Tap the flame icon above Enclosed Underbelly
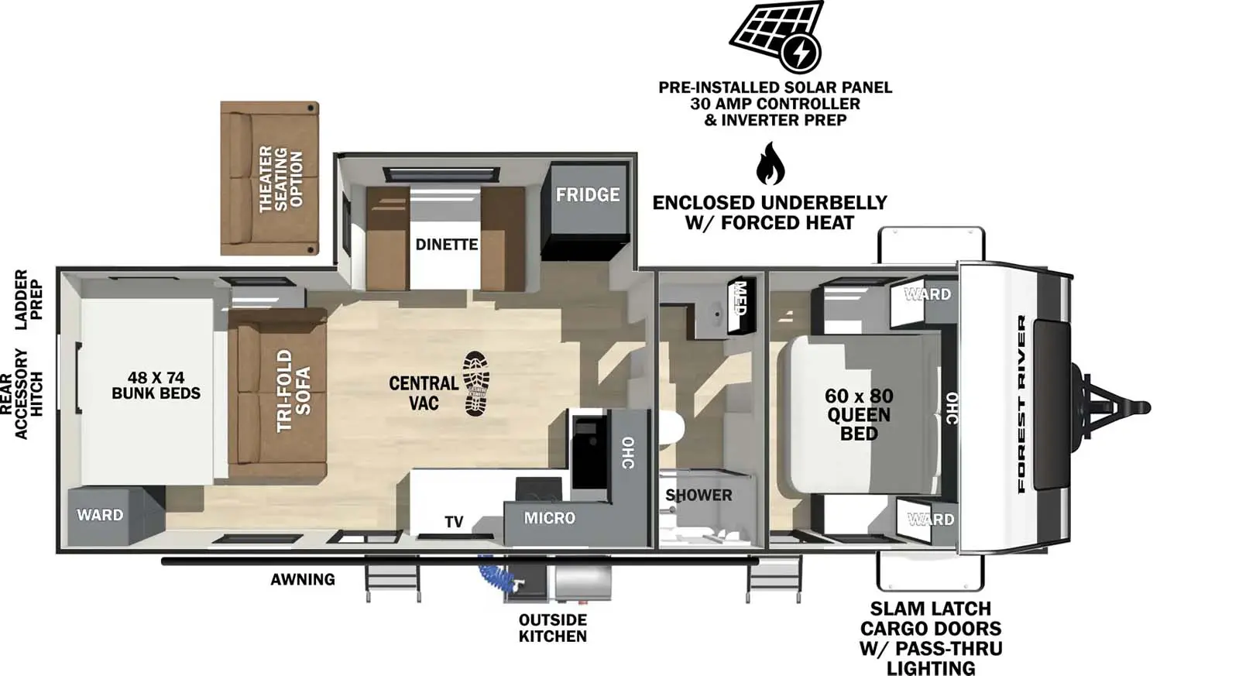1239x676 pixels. point(771,163)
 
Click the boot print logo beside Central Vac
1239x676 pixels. point(476,383)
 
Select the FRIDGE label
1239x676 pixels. point(587,194)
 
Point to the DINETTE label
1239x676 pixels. point(446,244)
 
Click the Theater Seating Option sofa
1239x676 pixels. point(269,178)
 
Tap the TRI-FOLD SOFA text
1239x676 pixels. point(293,390)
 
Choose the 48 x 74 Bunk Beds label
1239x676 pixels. point(156,385)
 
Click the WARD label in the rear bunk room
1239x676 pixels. point(100,515)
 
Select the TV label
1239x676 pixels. point(454,522)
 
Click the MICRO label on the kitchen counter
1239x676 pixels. point(549,518)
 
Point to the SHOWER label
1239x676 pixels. point(698,495)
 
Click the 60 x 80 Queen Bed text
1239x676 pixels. point(858,414)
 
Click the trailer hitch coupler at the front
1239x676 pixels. point(1138,407)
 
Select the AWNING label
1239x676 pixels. point(303,579)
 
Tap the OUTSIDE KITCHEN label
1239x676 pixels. point(552,628)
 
